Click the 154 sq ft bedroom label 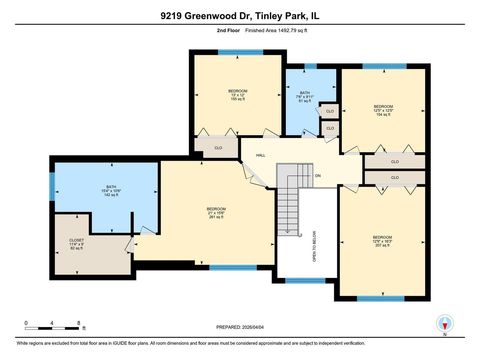(x=384, y=110)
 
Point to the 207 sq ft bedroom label (x=384, y=241)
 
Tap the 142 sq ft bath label (x=110, y=190)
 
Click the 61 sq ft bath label (x=304, y=98)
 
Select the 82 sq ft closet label (x=76, y=244)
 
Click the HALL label (x=260, y=156)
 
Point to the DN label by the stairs (x=318, y=177)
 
